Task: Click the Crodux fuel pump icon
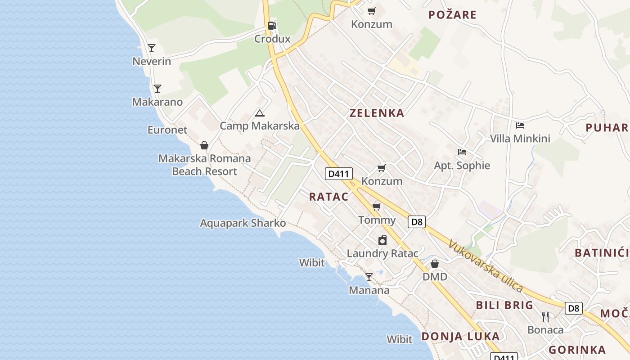click(x=272, y=26)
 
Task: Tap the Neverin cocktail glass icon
click(x=152, y=48)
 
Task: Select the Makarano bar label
click(x=157, y=102)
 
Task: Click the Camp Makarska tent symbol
click(x=259, y=113)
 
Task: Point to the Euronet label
click(x=167, y=130)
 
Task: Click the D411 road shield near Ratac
click(x=339, y=174)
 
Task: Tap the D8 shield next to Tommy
click(x=417, y=221)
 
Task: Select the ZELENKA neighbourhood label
click(x=377, y=113)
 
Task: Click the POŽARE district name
click(x=452, y=15)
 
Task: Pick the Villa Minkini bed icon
click(x=520, y=126)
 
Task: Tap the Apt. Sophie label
click(x=462, y=166)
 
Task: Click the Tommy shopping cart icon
click(x=377, y=207)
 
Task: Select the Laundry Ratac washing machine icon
click(x=382, y=240)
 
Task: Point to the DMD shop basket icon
click(x=435, y=264)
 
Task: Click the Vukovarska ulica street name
click(x=486, y=266)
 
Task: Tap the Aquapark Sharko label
click(x=243, y=223)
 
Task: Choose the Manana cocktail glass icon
click(x=369, y=277)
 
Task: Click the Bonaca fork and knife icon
click(x=545, y=317)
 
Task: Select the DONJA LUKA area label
click(x=460, y=336)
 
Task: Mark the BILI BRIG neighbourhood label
click(x=504, y=305)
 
